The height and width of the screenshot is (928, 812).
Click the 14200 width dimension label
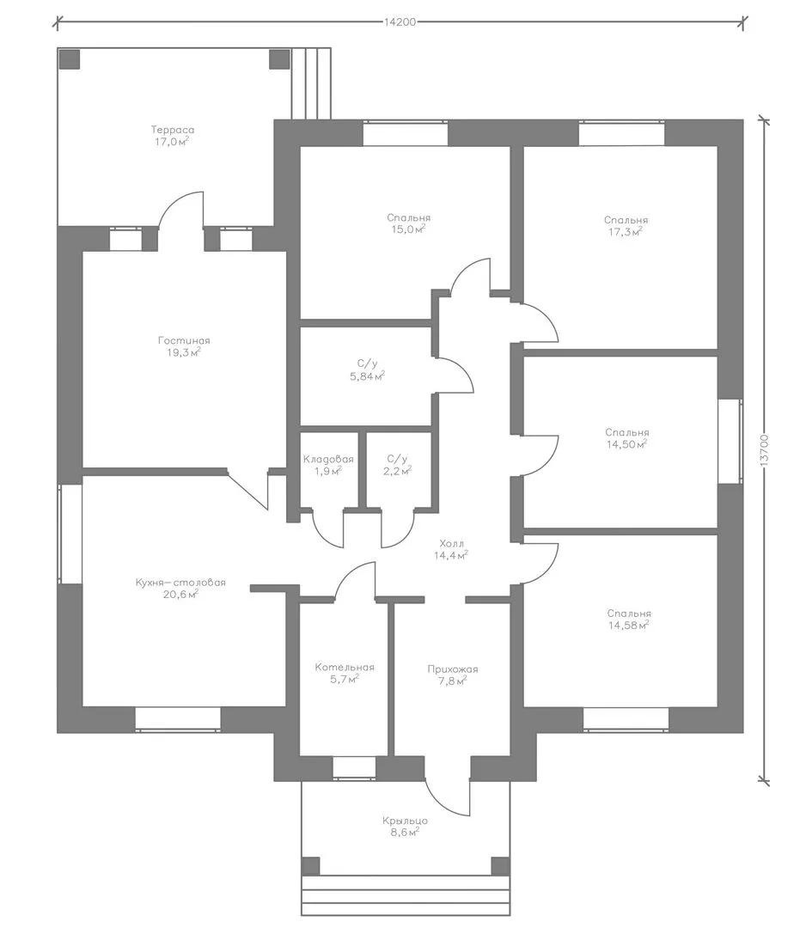[400, 22]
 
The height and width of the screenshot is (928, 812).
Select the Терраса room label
[172, 136]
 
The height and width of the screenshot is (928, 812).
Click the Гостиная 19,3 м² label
[184, 346]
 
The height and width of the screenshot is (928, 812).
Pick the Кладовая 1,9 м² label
[328, 465]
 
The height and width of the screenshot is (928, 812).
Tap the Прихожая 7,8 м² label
[453, 675]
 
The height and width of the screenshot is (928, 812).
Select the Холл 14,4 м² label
[452, 549]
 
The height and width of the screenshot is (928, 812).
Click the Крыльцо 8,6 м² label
[405, 827]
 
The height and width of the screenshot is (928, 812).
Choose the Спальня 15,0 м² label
[409, 223]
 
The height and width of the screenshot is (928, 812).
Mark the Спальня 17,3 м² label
[626, 226]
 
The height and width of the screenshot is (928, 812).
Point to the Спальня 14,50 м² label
[626, 438]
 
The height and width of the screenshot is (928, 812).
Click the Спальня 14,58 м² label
[628, 620]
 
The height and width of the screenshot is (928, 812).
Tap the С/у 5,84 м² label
[368, 369]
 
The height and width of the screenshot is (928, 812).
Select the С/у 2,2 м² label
[397, 465]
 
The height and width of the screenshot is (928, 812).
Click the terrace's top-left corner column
[70, 59]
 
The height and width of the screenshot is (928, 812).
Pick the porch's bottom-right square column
[501, 866]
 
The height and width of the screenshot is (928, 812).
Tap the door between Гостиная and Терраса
[181, 210]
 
